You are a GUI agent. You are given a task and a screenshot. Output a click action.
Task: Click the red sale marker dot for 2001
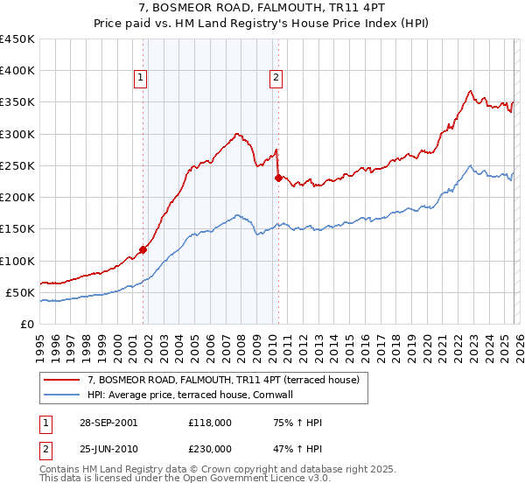coord(143,249)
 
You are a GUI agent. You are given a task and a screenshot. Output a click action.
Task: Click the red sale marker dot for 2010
coord(278,178)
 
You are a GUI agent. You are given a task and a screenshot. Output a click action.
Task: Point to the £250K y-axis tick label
coord(17,165)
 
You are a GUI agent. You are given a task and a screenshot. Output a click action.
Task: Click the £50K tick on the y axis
coord(21,292)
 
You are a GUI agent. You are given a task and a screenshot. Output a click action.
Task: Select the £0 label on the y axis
coord(28,324)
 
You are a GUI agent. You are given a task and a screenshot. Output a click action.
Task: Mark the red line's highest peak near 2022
coord(471,90)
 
